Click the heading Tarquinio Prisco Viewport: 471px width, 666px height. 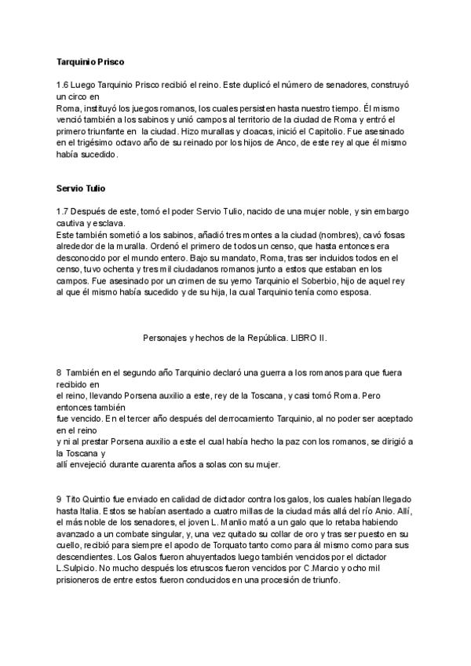[91, 60]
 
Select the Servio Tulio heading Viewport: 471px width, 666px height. [82, 188]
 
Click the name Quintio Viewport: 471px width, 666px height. [101, 499]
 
